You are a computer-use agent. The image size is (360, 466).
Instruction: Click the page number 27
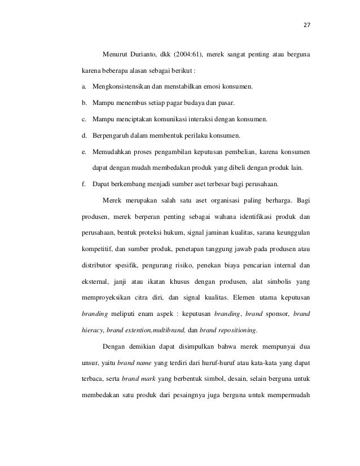tap(308, 25)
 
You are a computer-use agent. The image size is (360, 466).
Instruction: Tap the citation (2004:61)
tap(201, 55)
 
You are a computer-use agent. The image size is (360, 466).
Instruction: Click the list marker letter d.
tap(84, 136)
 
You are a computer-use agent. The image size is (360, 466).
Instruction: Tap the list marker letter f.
tap(84, 184)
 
